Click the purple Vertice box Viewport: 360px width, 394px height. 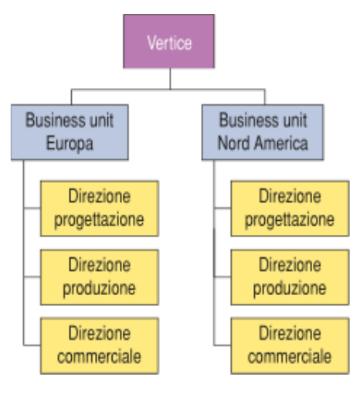[x=169, y=41]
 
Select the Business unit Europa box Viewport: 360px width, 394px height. [x=70, y=132]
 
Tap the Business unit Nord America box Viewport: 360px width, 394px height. [x=263, y=132]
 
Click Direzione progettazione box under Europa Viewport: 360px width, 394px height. [x=100, y=209]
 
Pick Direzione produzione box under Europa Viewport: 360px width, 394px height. [x=100, y=277]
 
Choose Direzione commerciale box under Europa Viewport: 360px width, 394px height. [x=100, y=346]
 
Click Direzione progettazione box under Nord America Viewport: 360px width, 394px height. [x=290, y=209]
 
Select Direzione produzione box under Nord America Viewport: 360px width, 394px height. [x=290, y=277]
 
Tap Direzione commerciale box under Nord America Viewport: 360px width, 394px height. [x=290, y=346]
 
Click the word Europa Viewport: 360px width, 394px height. [x=70, y=144]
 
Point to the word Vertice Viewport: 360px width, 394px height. [x=169, y=42]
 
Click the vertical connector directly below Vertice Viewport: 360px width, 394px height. [x=170, y=79]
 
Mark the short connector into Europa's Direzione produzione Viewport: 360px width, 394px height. [x=32, y=277]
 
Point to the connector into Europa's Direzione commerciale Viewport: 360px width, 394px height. [x=32, y=345]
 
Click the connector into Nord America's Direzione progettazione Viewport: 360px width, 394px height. [x=222, y=208]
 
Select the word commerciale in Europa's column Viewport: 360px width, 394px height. [x=99, y=356]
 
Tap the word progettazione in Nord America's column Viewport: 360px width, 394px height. [x=290, y=219]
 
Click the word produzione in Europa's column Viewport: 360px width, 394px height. [x=99, y=288]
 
